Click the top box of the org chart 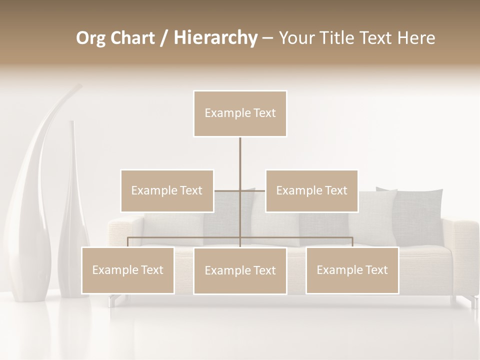pos(240,113)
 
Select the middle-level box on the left pos(167,190)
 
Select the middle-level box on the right pos(311,190)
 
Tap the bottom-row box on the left pos(127,270)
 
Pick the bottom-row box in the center pos(240,270)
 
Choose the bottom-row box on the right pos(352,270)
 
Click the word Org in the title pos(90,38)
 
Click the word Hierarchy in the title pos(215,38)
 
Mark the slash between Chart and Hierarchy pos(164,38)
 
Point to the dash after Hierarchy pos(267,38)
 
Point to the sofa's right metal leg pos(472,301)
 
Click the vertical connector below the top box pos(240,160)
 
